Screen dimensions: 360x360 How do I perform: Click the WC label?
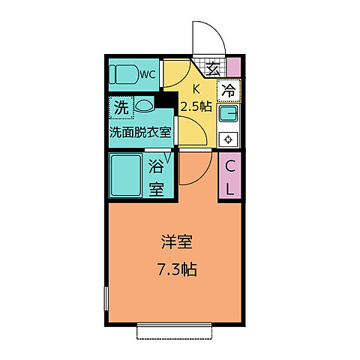click(147, 75)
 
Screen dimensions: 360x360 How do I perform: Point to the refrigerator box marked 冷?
click(229, 91)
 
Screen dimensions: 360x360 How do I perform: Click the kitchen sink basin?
click(229, 116)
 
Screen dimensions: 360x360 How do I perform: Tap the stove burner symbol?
click(229, 138)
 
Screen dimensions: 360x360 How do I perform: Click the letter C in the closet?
click(231, 166)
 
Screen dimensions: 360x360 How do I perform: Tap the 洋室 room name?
click(178, 243)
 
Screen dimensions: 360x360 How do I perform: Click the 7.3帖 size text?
click(178, 268)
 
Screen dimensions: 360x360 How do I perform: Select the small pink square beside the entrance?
click(234, 67)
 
